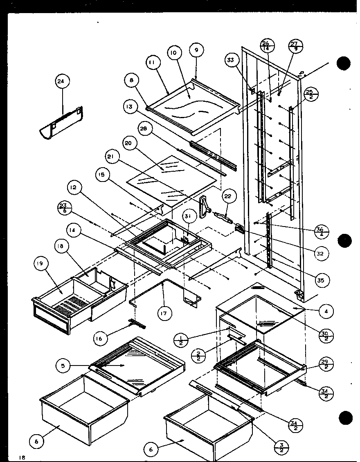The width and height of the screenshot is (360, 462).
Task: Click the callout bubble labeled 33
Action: point(230,60)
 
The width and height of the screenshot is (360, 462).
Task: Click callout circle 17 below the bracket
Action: point(166,314)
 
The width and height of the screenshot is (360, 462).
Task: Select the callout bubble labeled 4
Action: point(326,312)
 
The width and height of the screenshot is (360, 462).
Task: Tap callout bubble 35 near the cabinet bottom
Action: point(321,280)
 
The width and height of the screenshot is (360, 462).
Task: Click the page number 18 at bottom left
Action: point(22,458)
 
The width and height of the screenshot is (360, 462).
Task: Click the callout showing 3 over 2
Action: point(282,446)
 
